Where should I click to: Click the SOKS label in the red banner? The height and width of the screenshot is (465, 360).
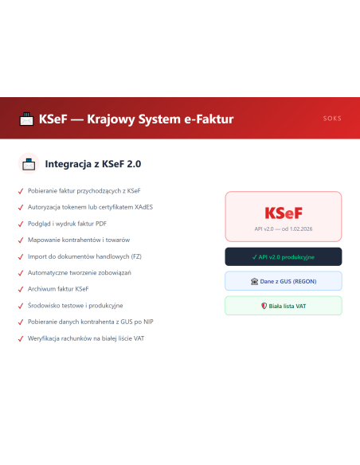(332, 119)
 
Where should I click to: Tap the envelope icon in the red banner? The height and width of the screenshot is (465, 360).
(26, 119)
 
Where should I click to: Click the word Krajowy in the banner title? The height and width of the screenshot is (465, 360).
(111, 119)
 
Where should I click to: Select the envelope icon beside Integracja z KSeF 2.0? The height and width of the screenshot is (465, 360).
(29, 164)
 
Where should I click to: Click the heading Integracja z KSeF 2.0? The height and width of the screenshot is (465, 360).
(93, 164)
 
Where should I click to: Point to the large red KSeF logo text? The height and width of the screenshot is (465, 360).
(284, 213)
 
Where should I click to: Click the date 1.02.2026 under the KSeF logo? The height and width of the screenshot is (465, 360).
(301, 229)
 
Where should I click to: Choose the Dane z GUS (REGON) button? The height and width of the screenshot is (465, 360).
(284, 281)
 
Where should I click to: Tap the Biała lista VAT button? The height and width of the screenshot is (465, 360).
(284, 306)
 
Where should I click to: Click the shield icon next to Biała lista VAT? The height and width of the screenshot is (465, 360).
(264, 306)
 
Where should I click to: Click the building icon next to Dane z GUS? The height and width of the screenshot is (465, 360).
(254, 281)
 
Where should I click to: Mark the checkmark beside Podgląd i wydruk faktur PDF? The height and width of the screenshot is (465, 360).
(21, 224)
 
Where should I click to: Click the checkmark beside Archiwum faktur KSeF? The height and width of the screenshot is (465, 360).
(21, 289)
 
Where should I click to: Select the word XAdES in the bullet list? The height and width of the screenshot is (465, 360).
(144, 207)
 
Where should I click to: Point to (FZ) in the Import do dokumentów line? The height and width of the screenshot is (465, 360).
(136, 256)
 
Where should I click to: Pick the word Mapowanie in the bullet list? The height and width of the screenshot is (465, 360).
(41, 240)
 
